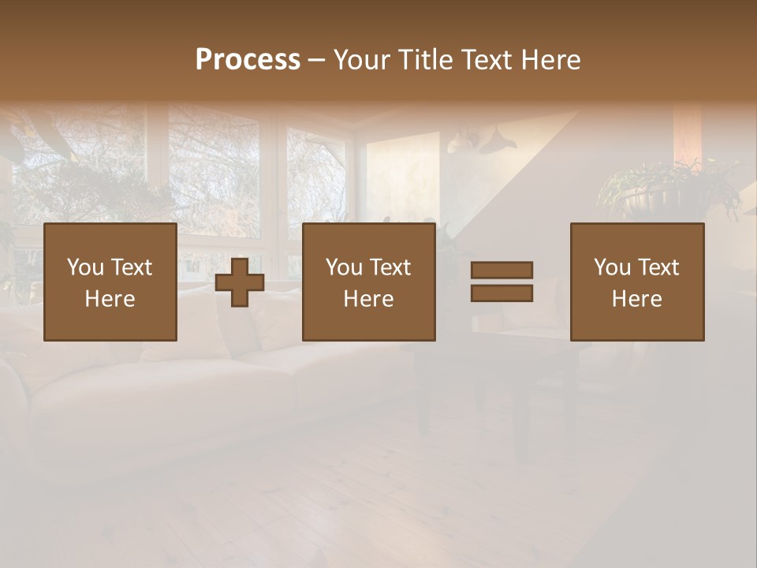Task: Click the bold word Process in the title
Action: tap(248, 60)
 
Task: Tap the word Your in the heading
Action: tap(362, 60)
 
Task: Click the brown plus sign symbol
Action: tap(240, 282)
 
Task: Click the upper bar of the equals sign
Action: tap(502, 270)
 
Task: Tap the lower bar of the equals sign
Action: tap(502, 293)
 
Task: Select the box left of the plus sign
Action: tap(110, 282)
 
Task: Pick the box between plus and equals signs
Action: tap(369, 282)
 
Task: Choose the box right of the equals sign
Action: tap(637, 282)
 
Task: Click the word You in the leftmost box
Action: tap(85, 267)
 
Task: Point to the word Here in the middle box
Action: tap(369, 299)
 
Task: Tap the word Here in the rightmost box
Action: tap(637, 299)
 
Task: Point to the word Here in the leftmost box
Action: tap(110, 299)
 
